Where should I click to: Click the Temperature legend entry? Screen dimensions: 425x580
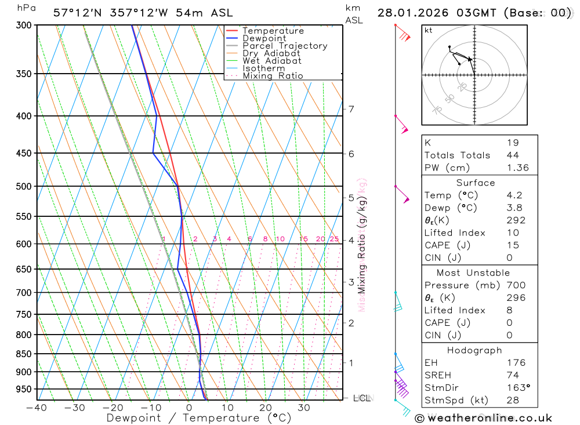tap(273, 31)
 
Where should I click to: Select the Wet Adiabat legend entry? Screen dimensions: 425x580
tap(271, 61)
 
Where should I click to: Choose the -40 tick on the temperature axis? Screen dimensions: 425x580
tap(37, 408)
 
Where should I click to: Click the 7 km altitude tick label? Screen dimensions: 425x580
tap(351, 109)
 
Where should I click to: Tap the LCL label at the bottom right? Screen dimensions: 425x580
tap(362, 398)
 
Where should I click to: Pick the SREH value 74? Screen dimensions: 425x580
tap(513, 375)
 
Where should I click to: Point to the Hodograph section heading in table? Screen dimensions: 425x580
tap(474, 350)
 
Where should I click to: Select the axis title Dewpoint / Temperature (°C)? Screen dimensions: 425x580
tap(198, 418)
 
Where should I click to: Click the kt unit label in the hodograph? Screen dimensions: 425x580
tap(429, 30)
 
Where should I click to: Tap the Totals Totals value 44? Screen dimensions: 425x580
tap(513, 155)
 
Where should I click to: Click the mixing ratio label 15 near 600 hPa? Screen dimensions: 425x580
tap(303, 239)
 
